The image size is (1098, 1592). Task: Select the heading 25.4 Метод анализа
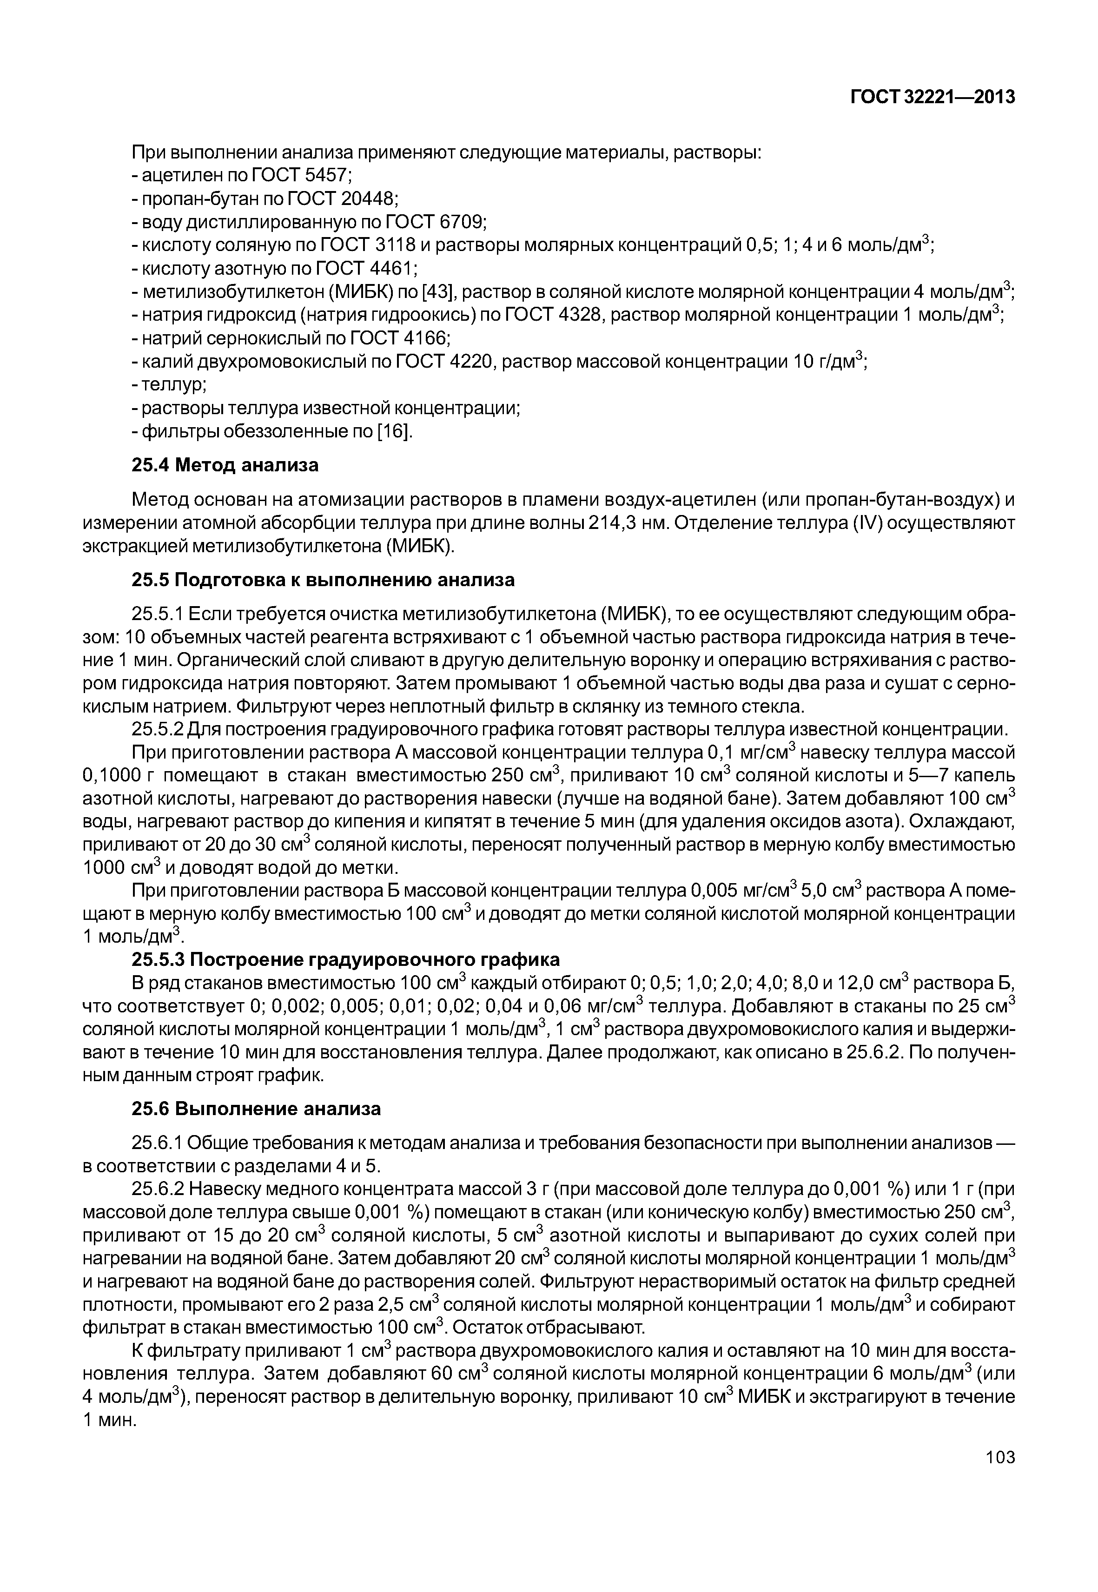tap(225, 466)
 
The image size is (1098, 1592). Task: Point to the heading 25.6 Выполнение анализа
tap(256, 1109)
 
